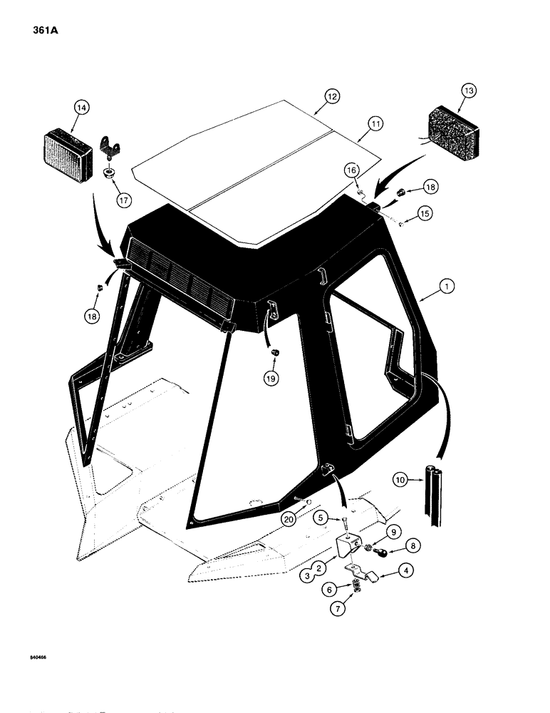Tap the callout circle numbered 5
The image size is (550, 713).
pyautogui.click(x=341, y=518)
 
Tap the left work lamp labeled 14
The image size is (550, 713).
pyautogui.click(x=69, y=148)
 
